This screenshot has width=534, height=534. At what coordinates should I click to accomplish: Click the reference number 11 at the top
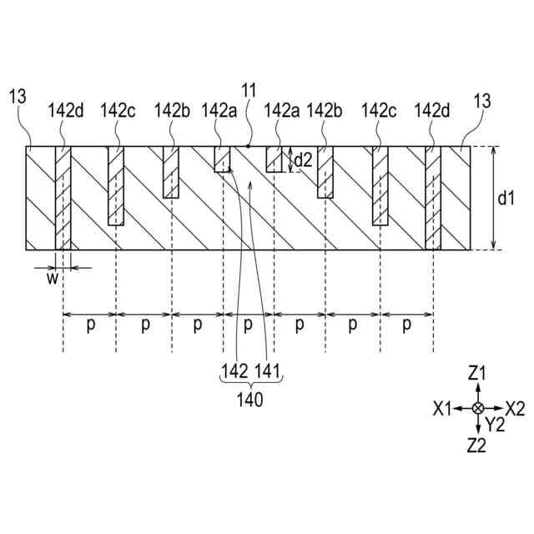(x=249, y=89)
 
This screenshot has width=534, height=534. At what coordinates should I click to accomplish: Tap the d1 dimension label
(x=506, y=199)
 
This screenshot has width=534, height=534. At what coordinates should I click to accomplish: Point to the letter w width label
(x=52, y=279)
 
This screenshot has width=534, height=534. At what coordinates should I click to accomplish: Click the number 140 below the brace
(x=249, y=399)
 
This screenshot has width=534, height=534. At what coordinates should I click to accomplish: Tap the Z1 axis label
(x=476, y=373)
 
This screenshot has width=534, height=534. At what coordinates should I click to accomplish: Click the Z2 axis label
(x=476, y=445)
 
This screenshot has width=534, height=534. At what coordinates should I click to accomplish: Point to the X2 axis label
(x=515, y=408)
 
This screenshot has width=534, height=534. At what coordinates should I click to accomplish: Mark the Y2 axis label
(x=495, y=425)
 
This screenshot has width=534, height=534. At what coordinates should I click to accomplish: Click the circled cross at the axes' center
(x=477, y=408)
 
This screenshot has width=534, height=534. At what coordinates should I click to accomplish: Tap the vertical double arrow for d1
(x=494, y=198)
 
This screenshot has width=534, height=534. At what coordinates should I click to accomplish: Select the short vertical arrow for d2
(x=290, y=159)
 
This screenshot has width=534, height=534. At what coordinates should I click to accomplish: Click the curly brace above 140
(x=249, y=383)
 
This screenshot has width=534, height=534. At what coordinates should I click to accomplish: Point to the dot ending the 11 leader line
(x=249, y=147)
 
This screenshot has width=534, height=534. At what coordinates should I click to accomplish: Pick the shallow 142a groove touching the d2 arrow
(x=275, y=159)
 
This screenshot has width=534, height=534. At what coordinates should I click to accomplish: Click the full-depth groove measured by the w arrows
(x=63, y=198)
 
